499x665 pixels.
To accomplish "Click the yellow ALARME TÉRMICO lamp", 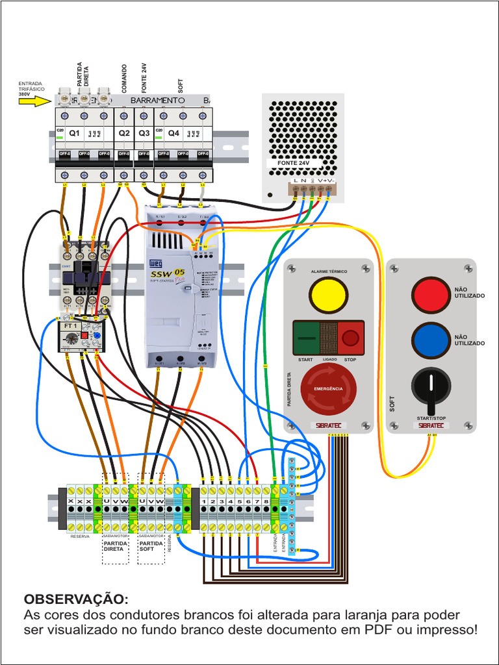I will (328, 294).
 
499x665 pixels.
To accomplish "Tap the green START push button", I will (308, 338).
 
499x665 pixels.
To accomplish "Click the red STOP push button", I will (350, 338).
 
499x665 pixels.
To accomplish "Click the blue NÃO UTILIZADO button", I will (431, 340).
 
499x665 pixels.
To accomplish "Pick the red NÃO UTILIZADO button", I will (431, 294).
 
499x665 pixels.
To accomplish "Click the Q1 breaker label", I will (75, 133).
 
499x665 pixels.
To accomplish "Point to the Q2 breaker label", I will (124, 133).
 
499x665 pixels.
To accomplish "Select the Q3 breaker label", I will (144, 133).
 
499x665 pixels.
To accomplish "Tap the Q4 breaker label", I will (173, 133).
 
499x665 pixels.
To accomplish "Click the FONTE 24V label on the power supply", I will (292, 163).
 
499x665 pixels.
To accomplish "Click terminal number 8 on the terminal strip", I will (266, 501).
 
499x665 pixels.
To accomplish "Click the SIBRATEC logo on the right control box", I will (431, 425).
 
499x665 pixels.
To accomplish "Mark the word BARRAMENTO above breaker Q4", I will (158, 101).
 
